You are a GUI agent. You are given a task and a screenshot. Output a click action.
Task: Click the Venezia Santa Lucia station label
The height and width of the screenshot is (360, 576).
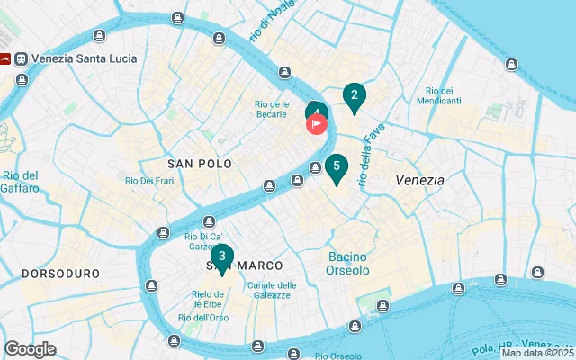pos(84,58)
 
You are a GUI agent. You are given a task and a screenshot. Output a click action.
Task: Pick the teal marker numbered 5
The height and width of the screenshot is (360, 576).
pos(336,167)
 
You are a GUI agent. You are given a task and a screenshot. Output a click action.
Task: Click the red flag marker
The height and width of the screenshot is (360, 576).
pos(317,124)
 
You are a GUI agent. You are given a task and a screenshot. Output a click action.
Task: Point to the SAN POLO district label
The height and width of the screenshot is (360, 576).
pos(200,164)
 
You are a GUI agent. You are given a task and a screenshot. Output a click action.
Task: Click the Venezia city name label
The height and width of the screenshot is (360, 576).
pos(419,180)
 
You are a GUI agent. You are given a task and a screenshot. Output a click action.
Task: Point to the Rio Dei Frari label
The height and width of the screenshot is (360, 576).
pos(149,181)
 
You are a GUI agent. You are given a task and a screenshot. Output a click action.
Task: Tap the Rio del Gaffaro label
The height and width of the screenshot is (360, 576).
pos(20,182)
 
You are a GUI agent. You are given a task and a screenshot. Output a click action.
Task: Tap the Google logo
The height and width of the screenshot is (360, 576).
pos(30,349)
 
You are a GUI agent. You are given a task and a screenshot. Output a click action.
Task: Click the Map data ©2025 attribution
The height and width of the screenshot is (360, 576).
pos(536,353)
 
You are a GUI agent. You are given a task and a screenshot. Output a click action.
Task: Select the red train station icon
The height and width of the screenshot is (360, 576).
pos(5,58)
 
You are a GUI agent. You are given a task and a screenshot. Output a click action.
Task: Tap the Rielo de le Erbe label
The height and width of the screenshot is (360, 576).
pos(214,300)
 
